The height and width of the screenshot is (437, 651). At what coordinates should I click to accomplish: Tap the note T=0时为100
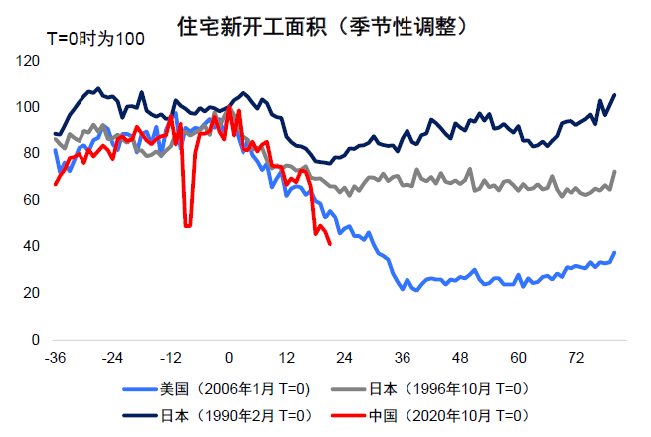(95, 39)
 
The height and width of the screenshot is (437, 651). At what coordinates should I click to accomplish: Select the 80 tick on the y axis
(32, 154)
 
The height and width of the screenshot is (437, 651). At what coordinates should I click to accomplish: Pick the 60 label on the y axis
(32, 201)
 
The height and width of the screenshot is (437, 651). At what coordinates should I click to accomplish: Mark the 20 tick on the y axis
(32, 293)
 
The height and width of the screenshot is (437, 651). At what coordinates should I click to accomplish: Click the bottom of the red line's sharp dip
(188, 226)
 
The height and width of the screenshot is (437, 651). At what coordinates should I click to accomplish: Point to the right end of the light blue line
(615, 252)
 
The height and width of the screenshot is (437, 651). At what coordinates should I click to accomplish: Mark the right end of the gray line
(615, 171)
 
